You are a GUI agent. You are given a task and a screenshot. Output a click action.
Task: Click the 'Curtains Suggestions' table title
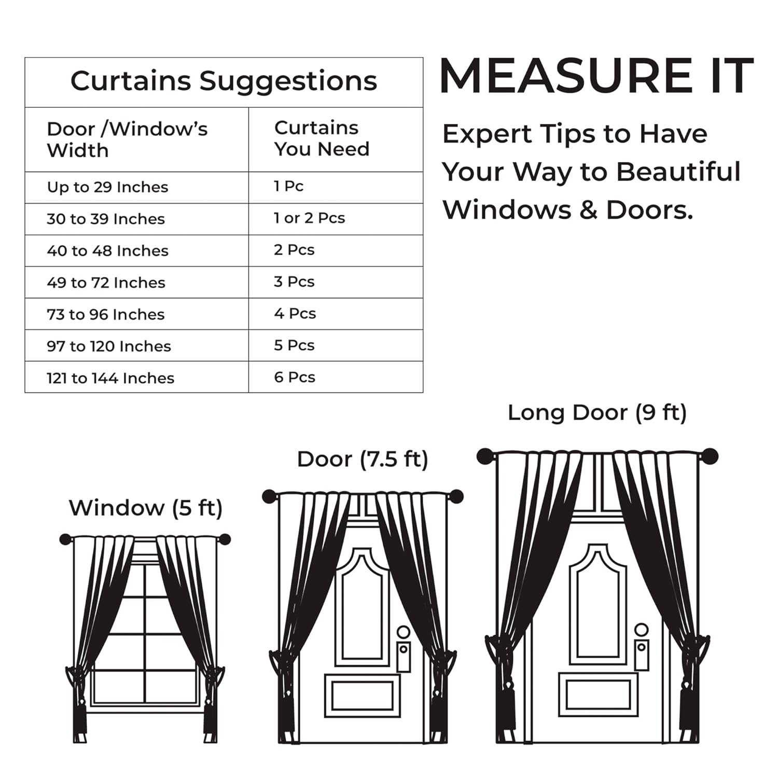(x=224, y=81)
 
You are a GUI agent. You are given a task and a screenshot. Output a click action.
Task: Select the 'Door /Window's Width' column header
(x=127, y=140)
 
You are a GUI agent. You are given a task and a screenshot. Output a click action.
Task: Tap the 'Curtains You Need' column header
(x=322, y=138)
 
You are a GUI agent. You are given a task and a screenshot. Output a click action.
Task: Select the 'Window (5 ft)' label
(x=146, y=508)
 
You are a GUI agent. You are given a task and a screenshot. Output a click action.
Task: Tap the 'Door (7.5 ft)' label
(x=363, y=460)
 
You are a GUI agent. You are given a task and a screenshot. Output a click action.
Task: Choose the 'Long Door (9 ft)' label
(x=597, y=413)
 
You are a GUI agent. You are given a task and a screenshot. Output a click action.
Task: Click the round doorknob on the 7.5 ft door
(x=404, y=632)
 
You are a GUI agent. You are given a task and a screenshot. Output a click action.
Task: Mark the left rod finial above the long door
(x=485, y=456)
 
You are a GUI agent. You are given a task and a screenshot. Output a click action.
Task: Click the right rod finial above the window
(x=225, y=539)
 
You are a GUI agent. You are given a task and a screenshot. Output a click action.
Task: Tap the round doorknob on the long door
(x=642, y=630)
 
